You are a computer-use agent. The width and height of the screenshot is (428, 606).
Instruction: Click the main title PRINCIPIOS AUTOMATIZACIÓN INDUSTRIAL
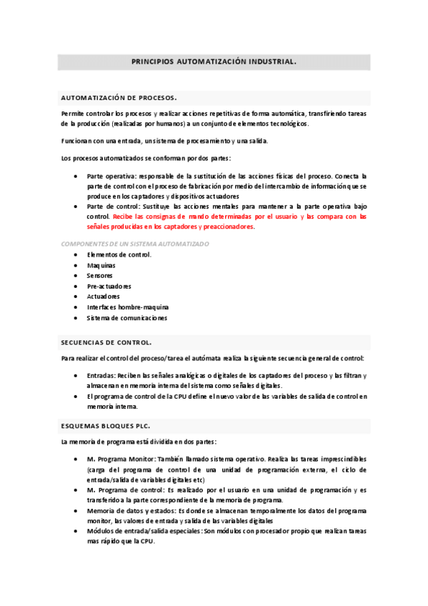tap(214, 62)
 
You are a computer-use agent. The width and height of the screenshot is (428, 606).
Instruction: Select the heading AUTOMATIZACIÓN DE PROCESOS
tap(119, 97)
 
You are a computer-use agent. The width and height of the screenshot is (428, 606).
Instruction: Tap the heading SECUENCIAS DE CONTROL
tap(106, 342)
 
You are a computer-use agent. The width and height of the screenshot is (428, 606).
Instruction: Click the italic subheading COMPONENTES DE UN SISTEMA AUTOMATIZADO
tap(135, 244)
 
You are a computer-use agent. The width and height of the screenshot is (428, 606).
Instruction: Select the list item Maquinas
tap(101, 265)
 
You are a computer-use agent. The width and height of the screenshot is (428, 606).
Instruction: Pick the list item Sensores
tap(100, 275)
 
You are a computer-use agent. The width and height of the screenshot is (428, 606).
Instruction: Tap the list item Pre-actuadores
tap(109, 286)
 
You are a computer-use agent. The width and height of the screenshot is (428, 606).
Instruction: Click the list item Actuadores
tap(104, 297)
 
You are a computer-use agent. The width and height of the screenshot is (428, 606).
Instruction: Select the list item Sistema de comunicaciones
tap(126, 318)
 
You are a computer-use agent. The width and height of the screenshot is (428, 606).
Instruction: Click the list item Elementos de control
tap(119, 254)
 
